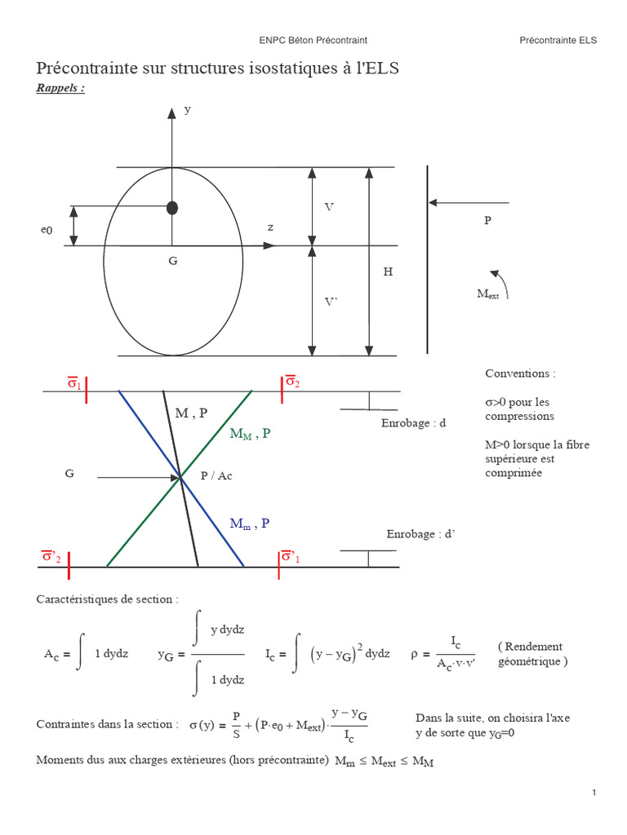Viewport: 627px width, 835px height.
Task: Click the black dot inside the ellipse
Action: [x=172, y=207]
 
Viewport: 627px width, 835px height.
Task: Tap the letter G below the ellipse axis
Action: [x=172, y=261]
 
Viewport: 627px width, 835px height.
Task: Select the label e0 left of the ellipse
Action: [x=47, y=231]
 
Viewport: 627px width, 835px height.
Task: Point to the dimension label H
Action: [x=388, y=272]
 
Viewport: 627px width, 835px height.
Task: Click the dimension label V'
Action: [x=331, y=302]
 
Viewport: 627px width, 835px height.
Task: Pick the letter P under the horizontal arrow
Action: [x=487, y=220]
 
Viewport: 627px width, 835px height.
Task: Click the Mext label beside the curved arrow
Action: [x=487, y=294]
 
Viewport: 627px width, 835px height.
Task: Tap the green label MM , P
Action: [x=251, y=434]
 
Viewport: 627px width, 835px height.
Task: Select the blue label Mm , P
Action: [x=250, y=523]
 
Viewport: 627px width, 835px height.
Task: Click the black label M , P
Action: [x=191, y=413]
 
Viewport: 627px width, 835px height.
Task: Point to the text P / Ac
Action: [x=216, y=475]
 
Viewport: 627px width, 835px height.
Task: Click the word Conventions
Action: [x=519, y=373]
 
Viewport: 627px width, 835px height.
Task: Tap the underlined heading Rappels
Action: [x=60, y=88]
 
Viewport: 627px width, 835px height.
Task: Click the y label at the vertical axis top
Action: [x=187, y=108]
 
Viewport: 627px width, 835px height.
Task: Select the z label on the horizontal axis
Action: [x=270, y=227]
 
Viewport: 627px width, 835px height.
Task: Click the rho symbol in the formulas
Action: [x=415, y=653]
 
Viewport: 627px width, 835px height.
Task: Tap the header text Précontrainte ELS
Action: [x=558, y=39]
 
